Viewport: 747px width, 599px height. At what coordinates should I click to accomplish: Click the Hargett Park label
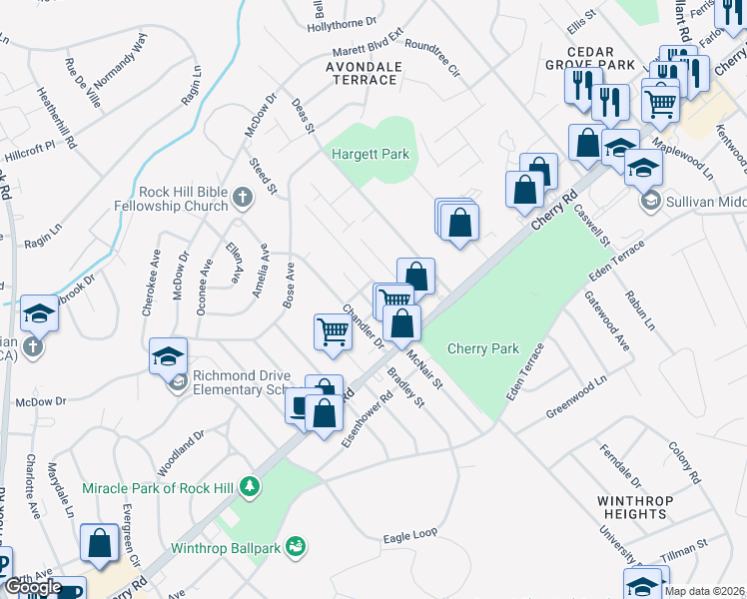(371, 155)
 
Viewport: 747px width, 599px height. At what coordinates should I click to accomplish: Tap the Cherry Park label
(483, 348)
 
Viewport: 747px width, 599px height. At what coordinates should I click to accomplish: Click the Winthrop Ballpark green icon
(296, 546)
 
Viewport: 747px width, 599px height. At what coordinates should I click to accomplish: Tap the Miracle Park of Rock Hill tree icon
(250, 487)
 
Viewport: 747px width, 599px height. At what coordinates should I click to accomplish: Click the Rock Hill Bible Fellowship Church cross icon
(242, 198)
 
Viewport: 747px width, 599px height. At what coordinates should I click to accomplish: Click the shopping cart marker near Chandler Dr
(333, 332)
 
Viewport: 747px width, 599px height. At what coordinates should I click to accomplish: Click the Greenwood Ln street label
(577, 399)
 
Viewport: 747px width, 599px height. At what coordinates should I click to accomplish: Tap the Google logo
(33, 587)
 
